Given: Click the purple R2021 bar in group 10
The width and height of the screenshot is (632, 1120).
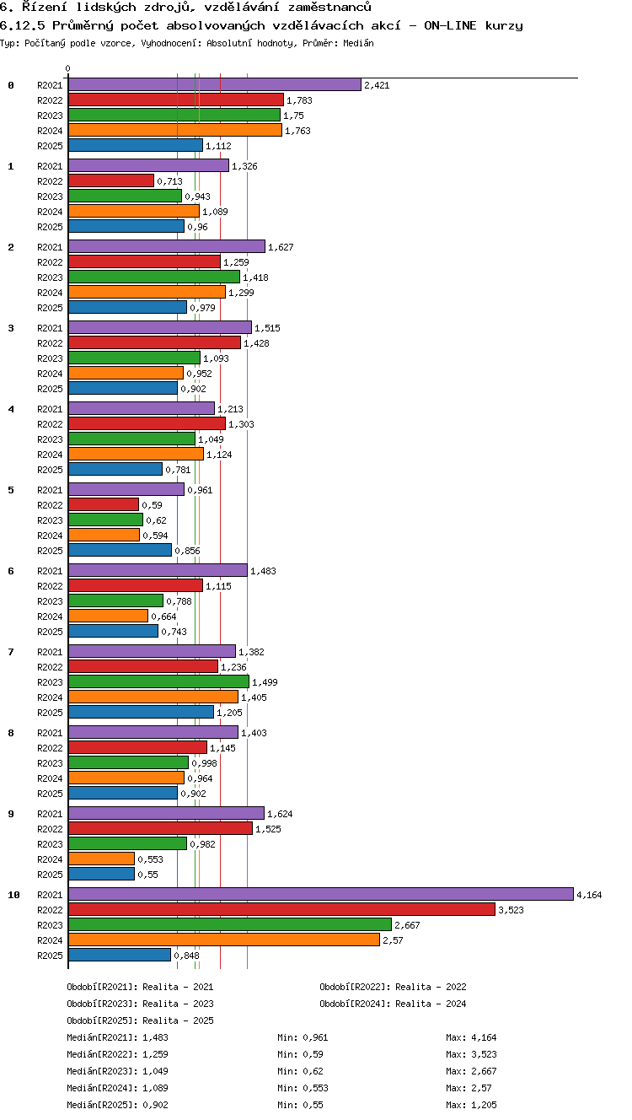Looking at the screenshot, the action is pos(321,894).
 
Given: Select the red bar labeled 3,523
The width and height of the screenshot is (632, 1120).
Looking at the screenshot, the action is pos(281,909).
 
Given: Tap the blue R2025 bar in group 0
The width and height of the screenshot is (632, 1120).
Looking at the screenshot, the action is pos(136,145).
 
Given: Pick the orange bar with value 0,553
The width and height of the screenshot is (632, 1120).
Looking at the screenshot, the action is pos(101,859).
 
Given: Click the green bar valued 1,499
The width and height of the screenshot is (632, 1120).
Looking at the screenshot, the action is pos(159,681).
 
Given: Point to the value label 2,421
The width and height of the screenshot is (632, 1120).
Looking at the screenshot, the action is pos(377,85).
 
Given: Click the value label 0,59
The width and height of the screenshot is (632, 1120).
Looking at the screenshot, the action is pos(152,505).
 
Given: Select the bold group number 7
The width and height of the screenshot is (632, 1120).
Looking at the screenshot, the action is pos(11,651).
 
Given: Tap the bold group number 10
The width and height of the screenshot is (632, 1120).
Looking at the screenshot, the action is pos(14,895).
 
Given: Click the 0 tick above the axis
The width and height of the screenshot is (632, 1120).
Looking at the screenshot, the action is pos(68,68).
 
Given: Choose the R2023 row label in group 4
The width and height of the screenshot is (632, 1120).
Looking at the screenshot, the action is pos(50,439).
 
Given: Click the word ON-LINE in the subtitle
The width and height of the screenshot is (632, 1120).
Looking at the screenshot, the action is pos(450,25).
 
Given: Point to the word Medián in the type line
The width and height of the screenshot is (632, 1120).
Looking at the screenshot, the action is pos(358,43).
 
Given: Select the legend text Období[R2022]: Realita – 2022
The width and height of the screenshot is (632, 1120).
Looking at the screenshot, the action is pos(393,987).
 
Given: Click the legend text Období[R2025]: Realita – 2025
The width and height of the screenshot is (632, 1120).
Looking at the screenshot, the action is pos(140,1020).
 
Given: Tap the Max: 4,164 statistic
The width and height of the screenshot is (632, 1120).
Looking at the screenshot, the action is pos(471,1037).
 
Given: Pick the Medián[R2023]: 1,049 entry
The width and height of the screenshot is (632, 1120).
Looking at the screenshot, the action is pos(117,1070).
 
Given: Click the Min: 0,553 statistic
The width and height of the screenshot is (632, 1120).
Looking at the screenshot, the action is pos(303,1087).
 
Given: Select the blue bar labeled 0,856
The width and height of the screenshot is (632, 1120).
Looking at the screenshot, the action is pos(120,550).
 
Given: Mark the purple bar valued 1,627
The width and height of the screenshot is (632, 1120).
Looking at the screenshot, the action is pos(167,246).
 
